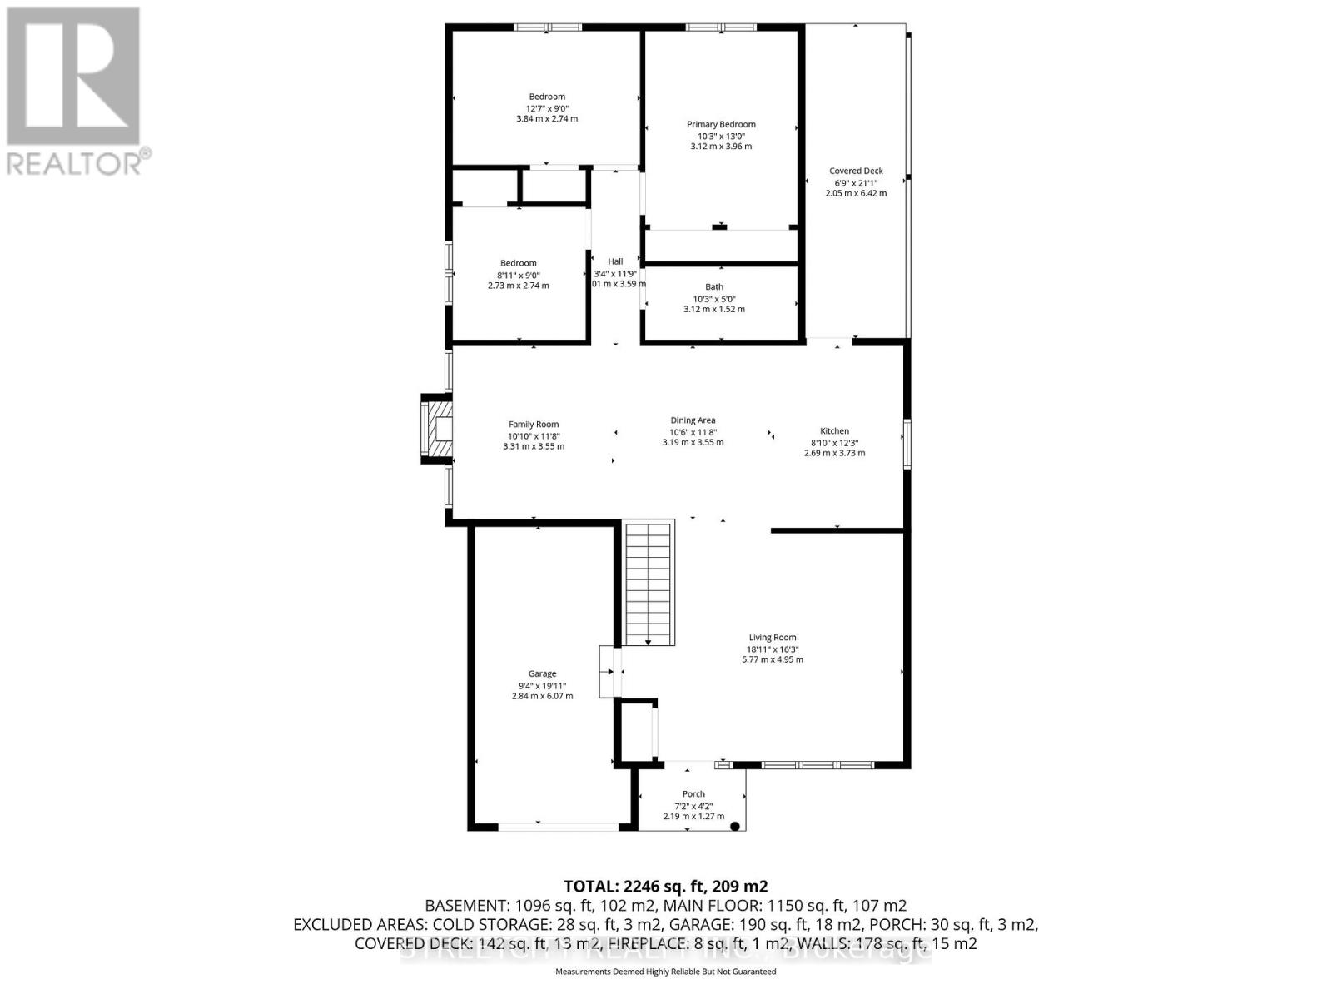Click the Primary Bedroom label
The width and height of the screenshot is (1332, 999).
721,124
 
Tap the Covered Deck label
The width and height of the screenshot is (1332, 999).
856,171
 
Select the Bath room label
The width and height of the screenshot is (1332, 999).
714,286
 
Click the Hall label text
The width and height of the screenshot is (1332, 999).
615,261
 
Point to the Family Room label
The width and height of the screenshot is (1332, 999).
534,425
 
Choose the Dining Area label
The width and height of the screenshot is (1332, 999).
693,420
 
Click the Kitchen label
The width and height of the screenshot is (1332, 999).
834,431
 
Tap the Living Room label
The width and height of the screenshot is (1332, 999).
772,638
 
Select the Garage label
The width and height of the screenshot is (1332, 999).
542,674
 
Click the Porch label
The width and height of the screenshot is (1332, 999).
693,794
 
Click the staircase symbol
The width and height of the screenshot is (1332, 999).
648,583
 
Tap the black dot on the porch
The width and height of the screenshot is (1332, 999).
735,826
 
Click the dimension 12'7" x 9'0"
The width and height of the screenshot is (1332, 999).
547,108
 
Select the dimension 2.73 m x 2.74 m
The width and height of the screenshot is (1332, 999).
518,286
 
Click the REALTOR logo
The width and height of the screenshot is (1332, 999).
75,92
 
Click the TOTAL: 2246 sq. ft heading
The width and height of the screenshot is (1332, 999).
665,886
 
